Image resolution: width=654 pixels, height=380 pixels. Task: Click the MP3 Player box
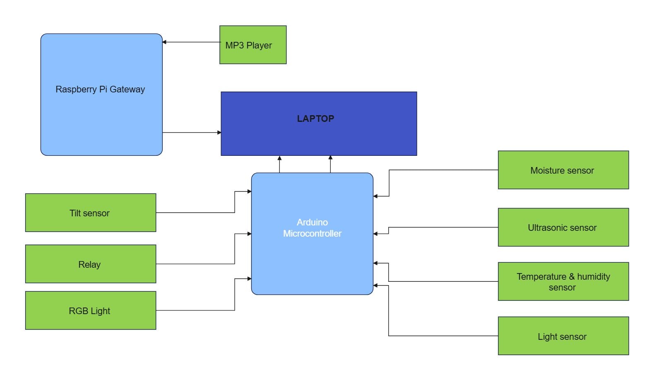pos(253,45)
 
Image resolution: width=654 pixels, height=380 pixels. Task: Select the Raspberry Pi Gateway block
pos(101,94)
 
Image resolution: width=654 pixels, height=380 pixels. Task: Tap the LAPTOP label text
pos(315,119)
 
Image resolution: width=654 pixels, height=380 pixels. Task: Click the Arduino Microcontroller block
pos(312,234)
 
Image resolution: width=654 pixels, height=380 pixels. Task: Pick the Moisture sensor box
pos(563,170)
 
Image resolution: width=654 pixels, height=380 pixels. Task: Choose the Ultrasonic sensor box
pos(563,227)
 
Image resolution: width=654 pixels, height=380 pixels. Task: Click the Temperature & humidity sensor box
pos(563,281)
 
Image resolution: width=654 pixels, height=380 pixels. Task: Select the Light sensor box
pos(563,336)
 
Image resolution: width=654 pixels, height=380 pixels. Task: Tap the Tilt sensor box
pos(91,213)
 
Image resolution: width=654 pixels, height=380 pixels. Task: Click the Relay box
pos(91,264)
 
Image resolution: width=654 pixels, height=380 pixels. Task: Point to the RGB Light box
pos(91,310)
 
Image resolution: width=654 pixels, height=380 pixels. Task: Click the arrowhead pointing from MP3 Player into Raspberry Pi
pos(164,42)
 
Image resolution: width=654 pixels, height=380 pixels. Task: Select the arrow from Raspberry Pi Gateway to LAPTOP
pos(192,133)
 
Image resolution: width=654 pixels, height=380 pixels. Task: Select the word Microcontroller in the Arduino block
pos(312,234)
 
